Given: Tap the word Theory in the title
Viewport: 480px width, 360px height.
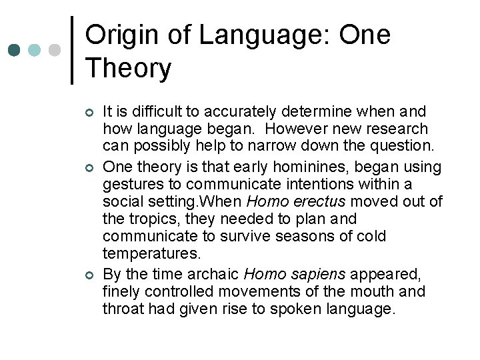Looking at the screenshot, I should (129, 68).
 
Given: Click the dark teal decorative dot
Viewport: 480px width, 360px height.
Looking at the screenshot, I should (15, 51).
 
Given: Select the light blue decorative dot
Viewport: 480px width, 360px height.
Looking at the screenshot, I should (35, 51).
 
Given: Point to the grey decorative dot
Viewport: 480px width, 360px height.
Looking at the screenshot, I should (55, 51).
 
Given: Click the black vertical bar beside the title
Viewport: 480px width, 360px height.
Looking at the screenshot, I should (72, 50).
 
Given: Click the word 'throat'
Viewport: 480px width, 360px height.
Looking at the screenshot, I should (123, 309).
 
